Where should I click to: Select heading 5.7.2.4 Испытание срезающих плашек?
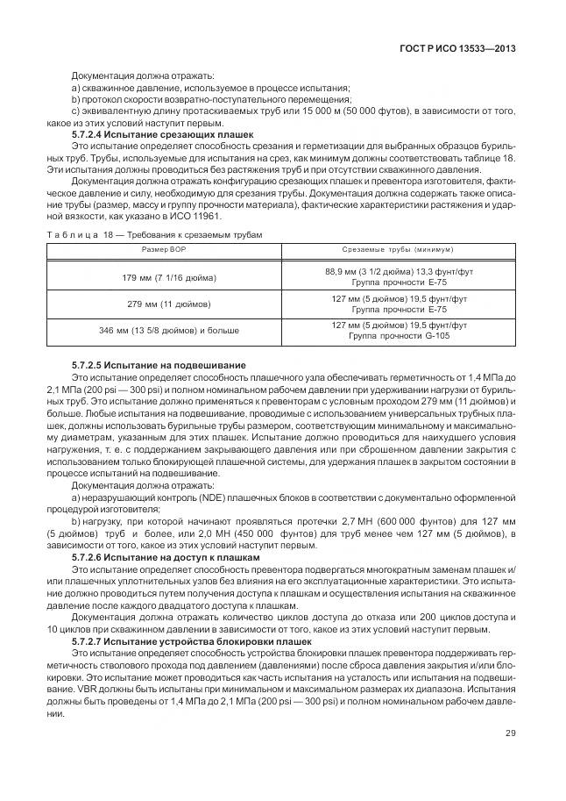tap(161, 134)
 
